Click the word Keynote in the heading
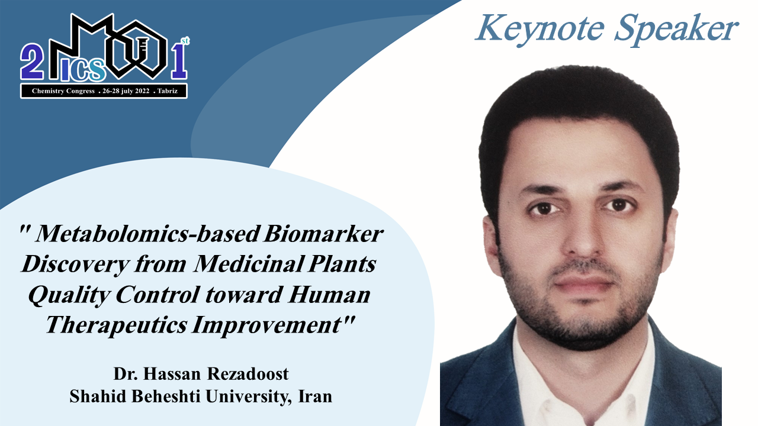coord(540,30)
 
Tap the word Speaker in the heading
coord(676,30)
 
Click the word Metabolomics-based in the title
coord(148,234)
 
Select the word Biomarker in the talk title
coord(323,234)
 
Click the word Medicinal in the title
coord(249,264)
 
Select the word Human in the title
coord(329,295)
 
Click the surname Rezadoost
coord(248,373)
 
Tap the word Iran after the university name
coord(315,396)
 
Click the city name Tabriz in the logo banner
coord(168,91)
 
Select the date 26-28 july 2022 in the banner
coord(126,91)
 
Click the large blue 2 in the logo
coord(32,62)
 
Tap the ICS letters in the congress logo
coord(83,69)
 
